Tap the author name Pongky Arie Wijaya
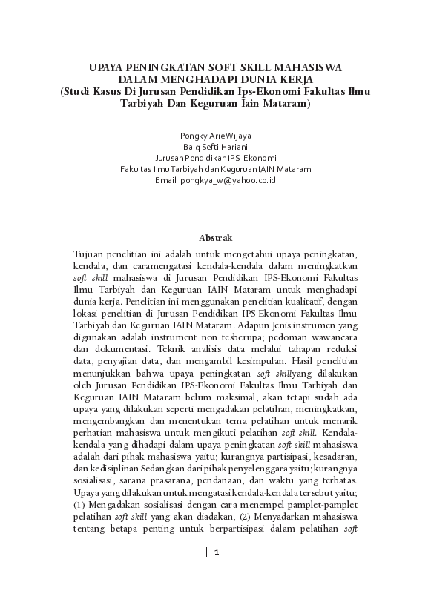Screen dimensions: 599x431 (216, 136)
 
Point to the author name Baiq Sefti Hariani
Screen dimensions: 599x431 (216, 147)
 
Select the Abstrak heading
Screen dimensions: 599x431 (216, 238)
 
